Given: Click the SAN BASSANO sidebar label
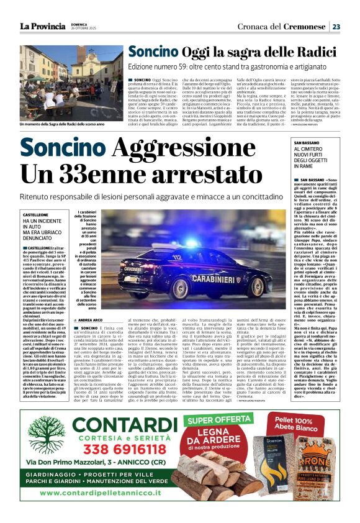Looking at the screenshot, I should (306, 143).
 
